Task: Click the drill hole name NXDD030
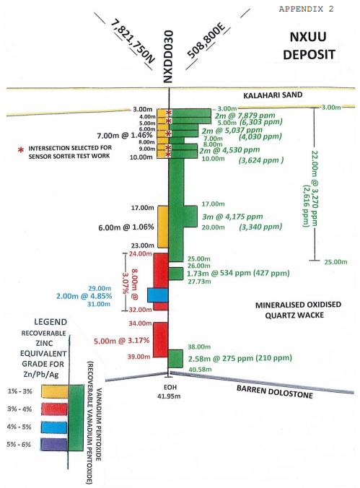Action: click(168, 56)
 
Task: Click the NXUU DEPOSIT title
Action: click(309, 45)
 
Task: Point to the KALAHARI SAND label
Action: click(273, 95)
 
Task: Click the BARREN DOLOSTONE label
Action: click(275, 391)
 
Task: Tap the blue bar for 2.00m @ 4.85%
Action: click(158, 295)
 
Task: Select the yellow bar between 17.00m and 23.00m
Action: click(162, 227)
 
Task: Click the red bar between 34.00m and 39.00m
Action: click(161, 339)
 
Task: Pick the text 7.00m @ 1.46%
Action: click(125, 136)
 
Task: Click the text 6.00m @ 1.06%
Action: click(126, 227)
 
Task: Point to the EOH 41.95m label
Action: click(170, 392)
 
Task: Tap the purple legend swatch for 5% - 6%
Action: click(54, 445)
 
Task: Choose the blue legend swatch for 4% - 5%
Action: click(54, 427)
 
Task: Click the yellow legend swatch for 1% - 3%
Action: click(55, 391)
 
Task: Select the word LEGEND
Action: click(51, 322)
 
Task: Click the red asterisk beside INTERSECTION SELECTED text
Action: click(21, 150)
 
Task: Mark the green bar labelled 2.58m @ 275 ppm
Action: click(175, 359)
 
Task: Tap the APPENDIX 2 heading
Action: click(306, 9)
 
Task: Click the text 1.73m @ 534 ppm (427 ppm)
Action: click(238, 274)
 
